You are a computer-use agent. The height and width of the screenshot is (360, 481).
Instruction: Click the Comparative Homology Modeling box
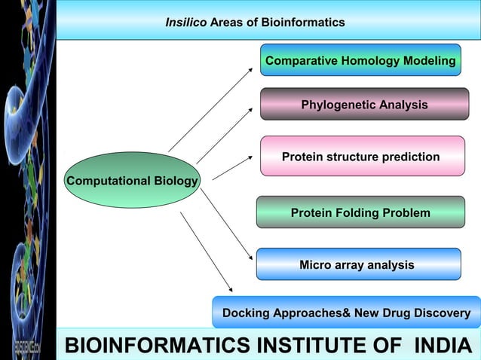pyautogui.click(x=360, y=60)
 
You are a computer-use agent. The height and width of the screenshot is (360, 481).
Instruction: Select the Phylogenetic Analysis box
pyautogui.click(x=364, y=105)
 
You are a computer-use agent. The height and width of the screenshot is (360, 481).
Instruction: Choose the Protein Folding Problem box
pyautogui.click(x=360, y=213)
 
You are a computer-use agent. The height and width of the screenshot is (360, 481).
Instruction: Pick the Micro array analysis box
pyautogui.click(x=357, y=264)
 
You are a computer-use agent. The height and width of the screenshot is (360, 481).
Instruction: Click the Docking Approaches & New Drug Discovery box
pyautogui.click(x=346, y=313)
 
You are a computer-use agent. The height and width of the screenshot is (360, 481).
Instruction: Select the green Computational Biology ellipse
pyautogui.click(x=132, y=181)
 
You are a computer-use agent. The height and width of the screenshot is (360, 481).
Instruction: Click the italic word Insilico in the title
pyautogui.click(x=185, y=23)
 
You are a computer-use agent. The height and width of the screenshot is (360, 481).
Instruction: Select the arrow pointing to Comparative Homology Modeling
pyautogui.click(x=211, y=109)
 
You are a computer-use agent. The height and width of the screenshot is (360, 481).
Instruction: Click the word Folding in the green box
pyautogui.click(x=354, y=213)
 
